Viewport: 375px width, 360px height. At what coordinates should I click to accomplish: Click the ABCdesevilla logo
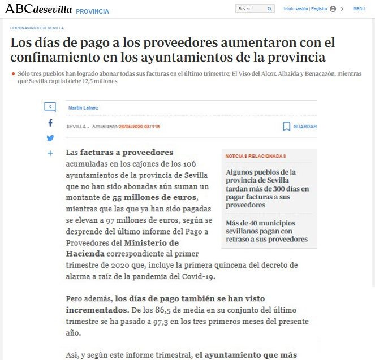[x=38, y=10]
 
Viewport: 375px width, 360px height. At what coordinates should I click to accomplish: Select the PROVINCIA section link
[x=92, y=11]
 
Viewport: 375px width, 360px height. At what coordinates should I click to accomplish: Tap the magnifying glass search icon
[x=270, y=9]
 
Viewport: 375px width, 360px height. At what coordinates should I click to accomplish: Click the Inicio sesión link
[x=296, y=9]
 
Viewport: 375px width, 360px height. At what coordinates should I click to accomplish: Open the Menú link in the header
[x=359, y=8]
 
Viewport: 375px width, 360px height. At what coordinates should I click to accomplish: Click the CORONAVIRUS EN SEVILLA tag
[x=37, y=28]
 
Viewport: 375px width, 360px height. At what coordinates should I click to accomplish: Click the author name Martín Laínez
[x=83, y=108]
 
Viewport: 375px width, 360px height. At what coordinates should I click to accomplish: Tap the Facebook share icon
[x=50, y=123]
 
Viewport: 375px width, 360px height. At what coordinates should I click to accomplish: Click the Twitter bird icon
[x=50, y=138]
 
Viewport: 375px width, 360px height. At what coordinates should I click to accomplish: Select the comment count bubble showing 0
[x=50, y=107]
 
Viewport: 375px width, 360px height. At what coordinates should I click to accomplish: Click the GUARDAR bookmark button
[x=300, y=127]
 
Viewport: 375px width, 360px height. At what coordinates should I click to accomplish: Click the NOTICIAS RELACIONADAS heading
[x=256, y=156]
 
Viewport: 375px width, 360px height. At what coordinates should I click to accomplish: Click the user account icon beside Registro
[x=333, y=9]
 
